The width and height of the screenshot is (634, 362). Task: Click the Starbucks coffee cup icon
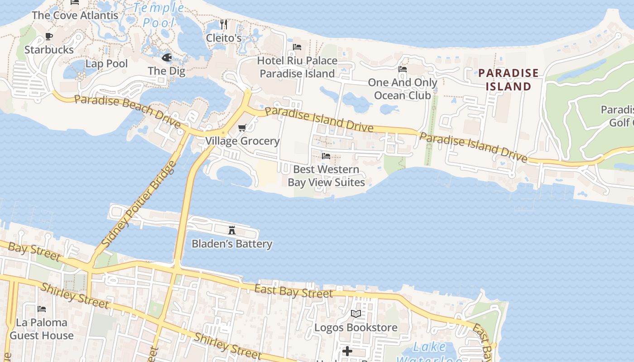(49, 37)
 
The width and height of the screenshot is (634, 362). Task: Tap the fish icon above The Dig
(167, 57)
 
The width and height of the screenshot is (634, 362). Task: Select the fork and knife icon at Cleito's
(224, 24)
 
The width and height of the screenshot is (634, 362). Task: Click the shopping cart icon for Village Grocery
(242, 128)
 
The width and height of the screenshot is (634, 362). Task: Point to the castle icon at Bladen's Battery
(232, 230)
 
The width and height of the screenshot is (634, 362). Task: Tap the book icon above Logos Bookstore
(356, 314)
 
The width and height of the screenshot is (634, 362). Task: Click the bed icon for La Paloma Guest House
(42, 309)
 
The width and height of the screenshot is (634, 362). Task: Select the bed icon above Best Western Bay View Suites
(326, 156)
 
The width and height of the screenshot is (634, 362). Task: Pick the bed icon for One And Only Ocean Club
(402, 69)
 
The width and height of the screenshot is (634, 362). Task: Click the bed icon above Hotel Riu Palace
(297, 47)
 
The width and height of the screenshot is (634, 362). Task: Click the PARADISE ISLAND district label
(509, 80)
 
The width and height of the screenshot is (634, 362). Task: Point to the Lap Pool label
(107, 64)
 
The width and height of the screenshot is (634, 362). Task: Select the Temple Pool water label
(158, 14)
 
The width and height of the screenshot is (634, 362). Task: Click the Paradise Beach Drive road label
(128, 110)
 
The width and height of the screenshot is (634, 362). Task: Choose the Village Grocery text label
(243, 141)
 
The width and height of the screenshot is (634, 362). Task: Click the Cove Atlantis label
(75, 15)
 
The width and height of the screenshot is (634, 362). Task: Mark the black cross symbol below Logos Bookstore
(347, 351)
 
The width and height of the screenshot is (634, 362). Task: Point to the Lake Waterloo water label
(429, 353)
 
